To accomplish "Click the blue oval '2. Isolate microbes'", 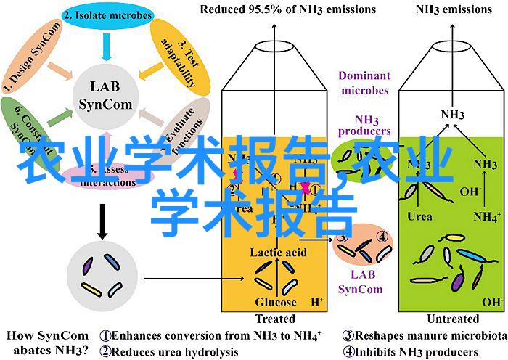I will pyautogui.click(x=107, y=15).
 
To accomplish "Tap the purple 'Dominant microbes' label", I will pyautogui.click(x=363, y=83).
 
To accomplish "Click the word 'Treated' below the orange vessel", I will pyautogui.click(x=274, y=319).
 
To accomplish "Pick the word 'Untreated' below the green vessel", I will pyautogui.click(x=453, y=319).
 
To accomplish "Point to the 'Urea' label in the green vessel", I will pyautogui.click(x=419, y=216).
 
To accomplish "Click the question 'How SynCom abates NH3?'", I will pyautogui.click(x=47, y=343).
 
